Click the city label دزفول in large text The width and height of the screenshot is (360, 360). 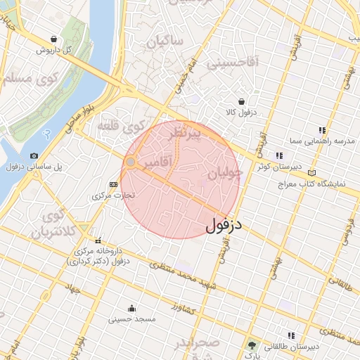(x=224, y=226)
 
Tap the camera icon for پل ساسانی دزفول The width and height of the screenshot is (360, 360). (x=34, y=155)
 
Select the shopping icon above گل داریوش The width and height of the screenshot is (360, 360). (x=54, y=39)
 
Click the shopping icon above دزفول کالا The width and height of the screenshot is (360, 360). (x=242, y=101)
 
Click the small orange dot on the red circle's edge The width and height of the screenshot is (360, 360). (x=130, y=162)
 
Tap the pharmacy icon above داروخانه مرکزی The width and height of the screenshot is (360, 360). (x=98, y=240)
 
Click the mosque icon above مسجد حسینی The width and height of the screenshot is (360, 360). (x=131, y=308)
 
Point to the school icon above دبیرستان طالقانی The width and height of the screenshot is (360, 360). (x=291, y=335)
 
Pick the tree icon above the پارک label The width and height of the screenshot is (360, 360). (x=252, y=345)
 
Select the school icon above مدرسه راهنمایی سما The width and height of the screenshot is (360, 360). (x=322, y=130)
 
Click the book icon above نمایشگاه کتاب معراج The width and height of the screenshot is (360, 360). (x=312, y=173)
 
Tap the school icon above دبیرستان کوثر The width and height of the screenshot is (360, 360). (x=279, y=155)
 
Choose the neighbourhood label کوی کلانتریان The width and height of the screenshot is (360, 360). (x=56, y=224)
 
